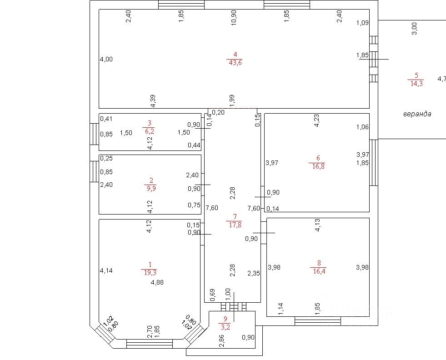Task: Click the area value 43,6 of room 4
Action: point(235,63)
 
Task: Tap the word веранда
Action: point(417,114)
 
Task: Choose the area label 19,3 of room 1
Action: point(150,272)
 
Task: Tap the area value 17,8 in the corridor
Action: point(234,224)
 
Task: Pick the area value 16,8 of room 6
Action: point(317,166)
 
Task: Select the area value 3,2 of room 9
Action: point(225,326)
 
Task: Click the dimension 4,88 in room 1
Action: point(157,282)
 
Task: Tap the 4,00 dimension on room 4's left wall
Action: point(106,59)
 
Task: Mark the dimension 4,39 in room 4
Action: point(153,100)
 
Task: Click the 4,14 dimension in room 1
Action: point(106,270)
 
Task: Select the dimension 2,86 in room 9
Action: point(222,341)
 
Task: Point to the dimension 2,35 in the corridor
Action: point(254,273)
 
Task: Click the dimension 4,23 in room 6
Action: point(317,120)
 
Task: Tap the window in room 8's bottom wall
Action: point(317,321)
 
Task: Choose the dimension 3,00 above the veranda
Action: point(414,28)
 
